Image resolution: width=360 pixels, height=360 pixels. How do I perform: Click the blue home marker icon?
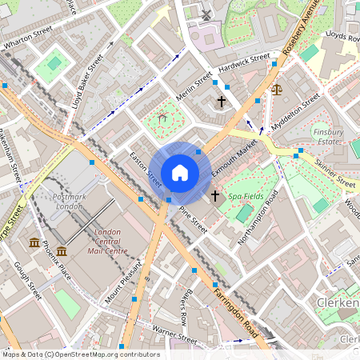coord(180,173)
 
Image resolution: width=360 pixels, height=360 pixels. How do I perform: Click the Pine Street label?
coord(193,219)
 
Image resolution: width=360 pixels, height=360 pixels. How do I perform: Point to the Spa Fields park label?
coord(246,196)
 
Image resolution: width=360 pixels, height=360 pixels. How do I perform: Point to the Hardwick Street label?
coord(244,63)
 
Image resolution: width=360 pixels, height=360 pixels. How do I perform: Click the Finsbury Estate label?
coord(328,135)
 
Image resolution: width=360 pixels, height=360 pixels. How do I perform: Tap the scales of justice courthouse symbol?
coord(277,90)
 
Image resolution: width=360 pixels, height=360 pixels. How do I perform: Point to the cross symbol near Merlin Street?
coord(222,102)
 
